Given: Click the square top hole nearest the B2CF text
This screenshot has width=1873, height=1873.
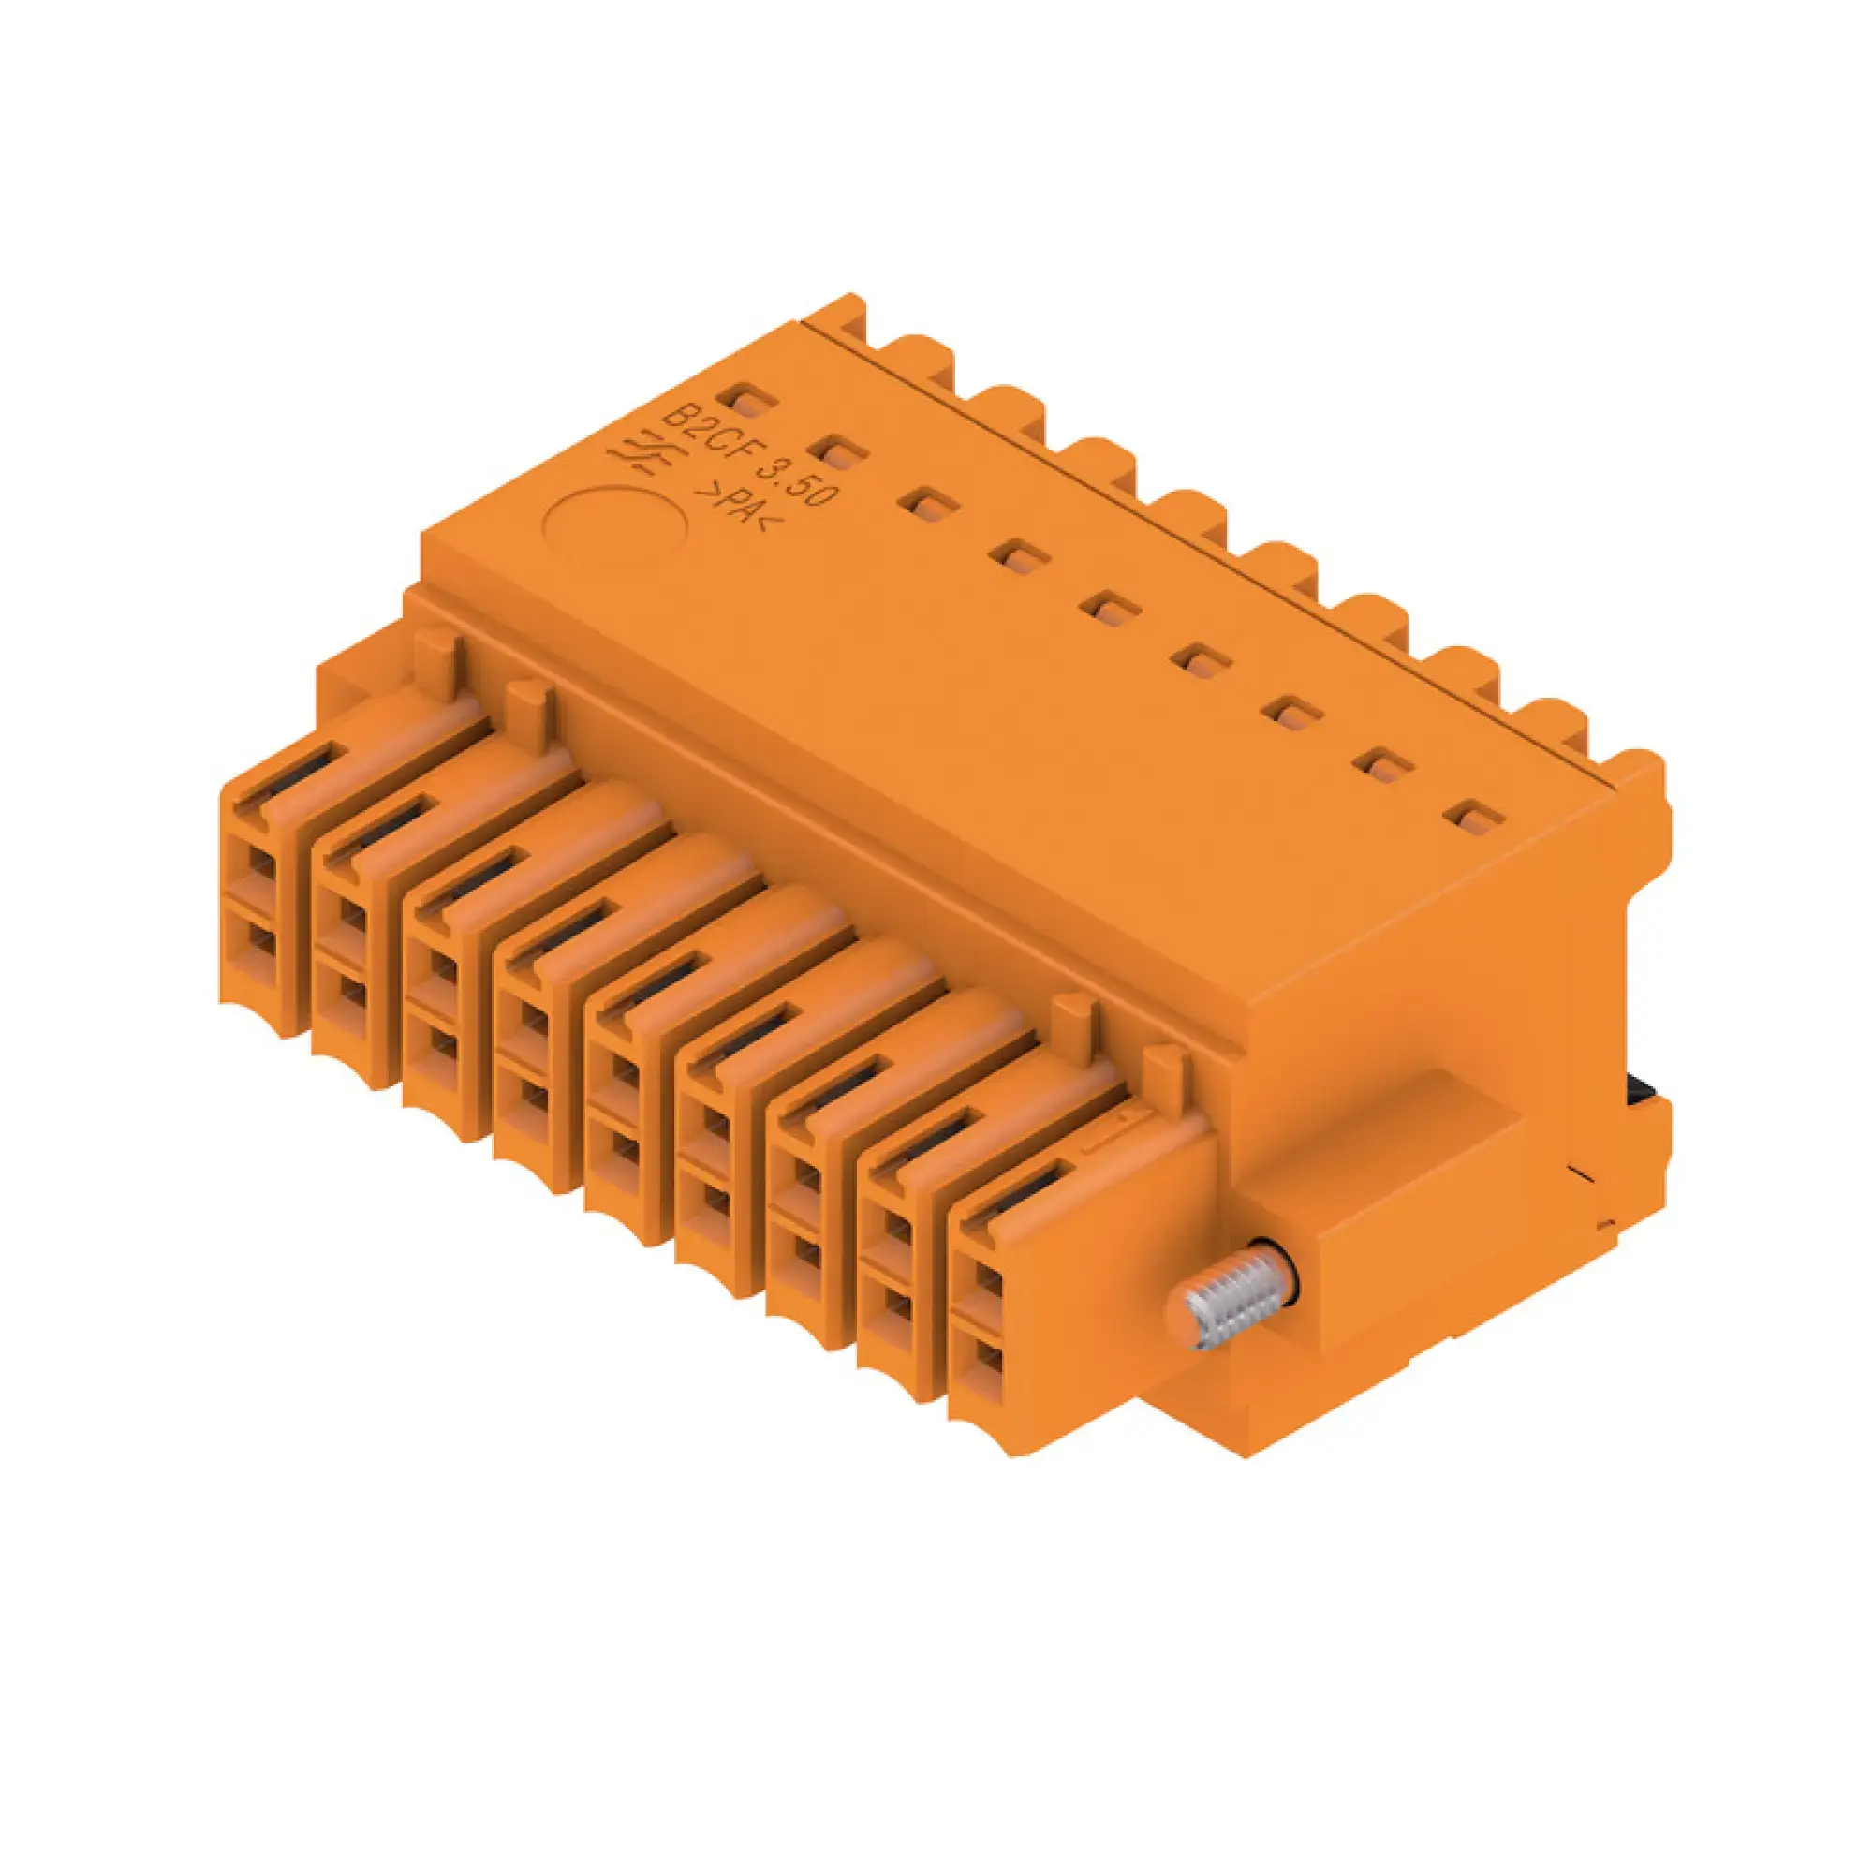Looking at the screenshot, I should pos(745,398).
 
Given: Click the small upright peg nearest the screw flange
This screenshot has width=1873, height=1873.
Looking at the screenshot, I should pos(1163,1071).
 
